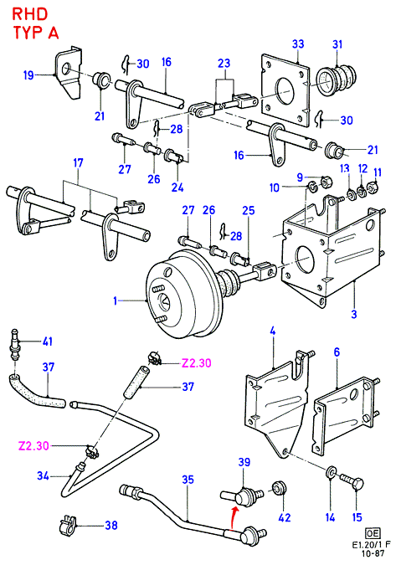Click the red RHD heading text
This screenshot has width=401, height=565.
coord(30,14)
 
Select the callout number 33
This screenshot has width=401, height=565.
coord(298,44)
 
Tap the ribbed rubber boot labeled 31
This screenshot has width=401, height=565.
coord(337,81)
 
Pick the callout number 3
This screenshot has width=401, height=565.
coord(354,314)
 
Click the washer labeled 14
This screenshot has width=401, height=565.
coord(331,473)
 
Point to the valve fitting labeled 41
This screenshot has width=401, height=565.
coord(15,345)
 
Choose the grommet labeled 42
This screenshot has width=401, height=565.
coord(280,489)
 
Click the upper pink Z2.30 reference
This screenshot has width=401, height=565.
coord(196,362)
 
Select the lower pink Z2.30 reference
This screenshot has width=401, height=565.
coord(33,446)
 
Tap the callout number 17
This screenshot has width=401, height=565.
coord(78,163)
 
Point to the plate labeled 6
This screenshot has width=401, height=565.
coord(342,413)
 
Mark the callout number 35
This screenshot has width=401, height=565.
coord(188,480)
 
